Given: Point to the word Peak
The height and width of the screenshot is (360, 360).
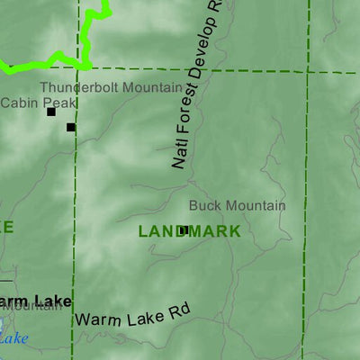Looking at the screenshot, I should pos(53,103).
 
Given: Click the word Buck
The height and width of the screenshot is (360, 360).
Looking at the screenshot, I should pos(204,206).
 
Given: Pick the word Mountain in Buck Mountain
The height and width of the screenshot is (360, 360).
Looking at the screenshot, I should pos(255,206).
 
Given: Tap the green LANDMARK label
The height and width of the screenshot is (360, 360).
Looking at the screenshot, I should pos(189,231).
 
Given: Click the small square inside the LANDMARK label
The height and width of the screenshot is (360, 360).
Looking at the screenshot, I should pos(183,230).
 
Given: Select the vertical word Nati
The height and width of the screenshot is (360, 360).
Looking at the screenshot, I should pos(177,153).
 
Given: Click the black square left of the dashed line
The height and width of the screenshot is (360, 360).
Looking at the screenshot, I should pos(51,112).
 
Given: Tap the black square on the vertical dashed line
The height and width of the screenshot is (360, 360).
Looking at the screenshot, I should pos(71,127).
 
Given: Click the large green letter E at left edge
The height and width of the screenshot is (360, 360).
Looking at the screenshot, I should pos(7,227).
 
